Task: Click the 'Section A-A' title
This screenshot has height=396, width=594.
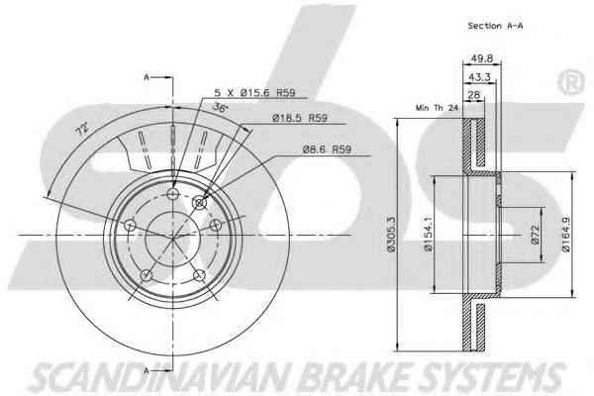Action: point(495,26)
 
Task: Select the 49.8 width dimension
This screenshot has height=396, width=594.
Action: point(481,58)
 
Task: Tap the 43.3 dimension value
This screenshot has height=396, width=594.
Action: point(479,77)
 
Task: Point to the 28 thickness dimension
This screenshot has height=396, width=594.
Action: point(473,95)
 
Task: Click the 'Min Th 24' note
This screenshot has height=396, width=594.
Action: point(437,108)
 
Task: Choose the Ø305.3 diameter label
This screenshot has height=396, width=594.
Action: point(391,234)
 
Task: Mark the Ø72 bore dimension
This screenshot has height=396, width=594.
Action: point(535,235)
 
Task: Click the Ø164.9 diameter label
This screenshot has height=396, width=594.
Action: point(565,235)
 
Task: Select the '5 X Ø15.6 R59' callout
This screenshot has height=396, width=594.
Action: point(254,92)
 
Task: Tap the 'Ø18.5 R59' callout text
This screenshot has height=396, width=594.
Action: point(300,118)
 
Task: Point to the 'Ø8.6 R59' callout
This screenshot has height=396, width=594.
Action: point(327,149)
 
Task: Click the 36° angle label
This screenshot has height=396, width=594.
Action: point(221,107)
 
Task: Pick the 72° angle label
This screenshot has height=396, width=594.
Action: point(82,129)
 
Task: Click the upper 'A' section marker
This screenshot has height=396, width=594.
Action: point(147,77)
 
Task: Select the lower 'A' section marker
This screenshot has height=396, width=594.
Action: point(147,370)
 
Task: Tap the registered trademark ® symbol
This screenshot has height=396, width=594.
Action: point(570,82)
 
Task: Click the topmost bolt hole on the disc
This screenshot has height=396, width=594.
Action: point(172,194)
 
